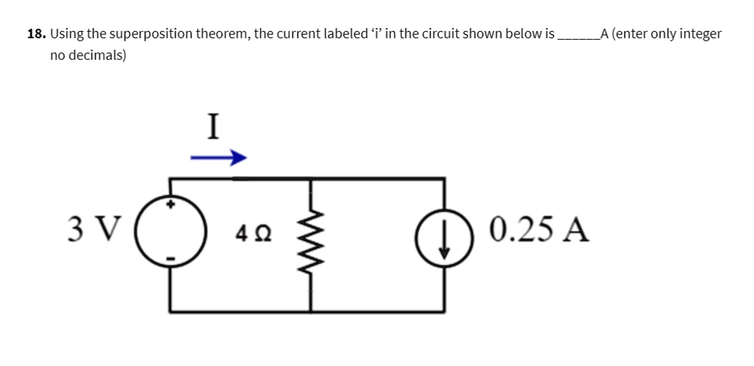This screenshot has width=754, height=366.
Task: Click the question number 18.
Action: [36, 34]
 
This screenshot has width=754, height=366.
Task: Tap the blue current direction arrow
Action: [217, 158]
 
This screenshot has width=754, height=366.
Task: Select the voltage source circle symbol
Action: [172, 230]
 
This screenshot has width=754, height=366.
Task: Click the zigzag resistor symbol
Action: [310, 234]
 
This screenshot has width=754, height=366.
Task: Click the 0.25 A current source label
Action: [539, 230]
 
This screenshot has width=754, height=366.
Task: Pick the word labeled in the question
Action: [348, 34]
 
